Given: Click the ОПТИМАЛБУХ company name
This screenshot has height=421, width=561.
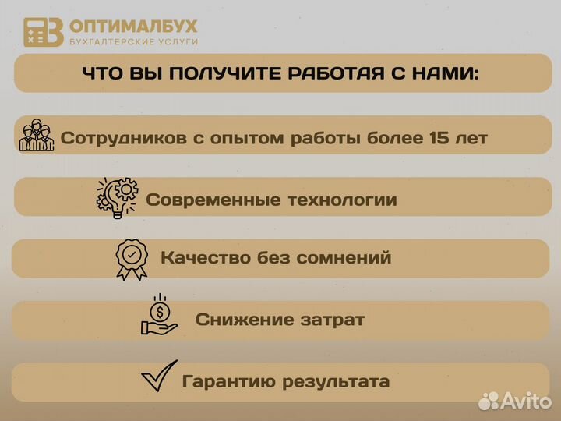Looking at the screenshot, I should (x=133, y=26).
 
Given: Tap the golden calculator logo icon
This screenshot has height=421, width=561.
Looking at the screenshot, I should (x=43, y=32).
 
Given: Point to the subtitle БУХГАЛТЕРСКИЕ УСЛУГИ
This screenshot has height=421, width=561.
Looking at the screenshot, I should (x=133, y=41).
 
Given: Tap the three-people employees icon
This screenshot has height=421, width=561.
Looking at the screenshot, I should (x=37, y=136).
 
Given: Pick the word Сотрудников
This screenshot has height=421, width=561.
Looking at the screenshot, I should (x=122, y=139).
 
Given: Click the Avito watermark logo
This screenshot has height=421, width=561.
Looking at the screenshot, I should (x=514, y=401).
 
